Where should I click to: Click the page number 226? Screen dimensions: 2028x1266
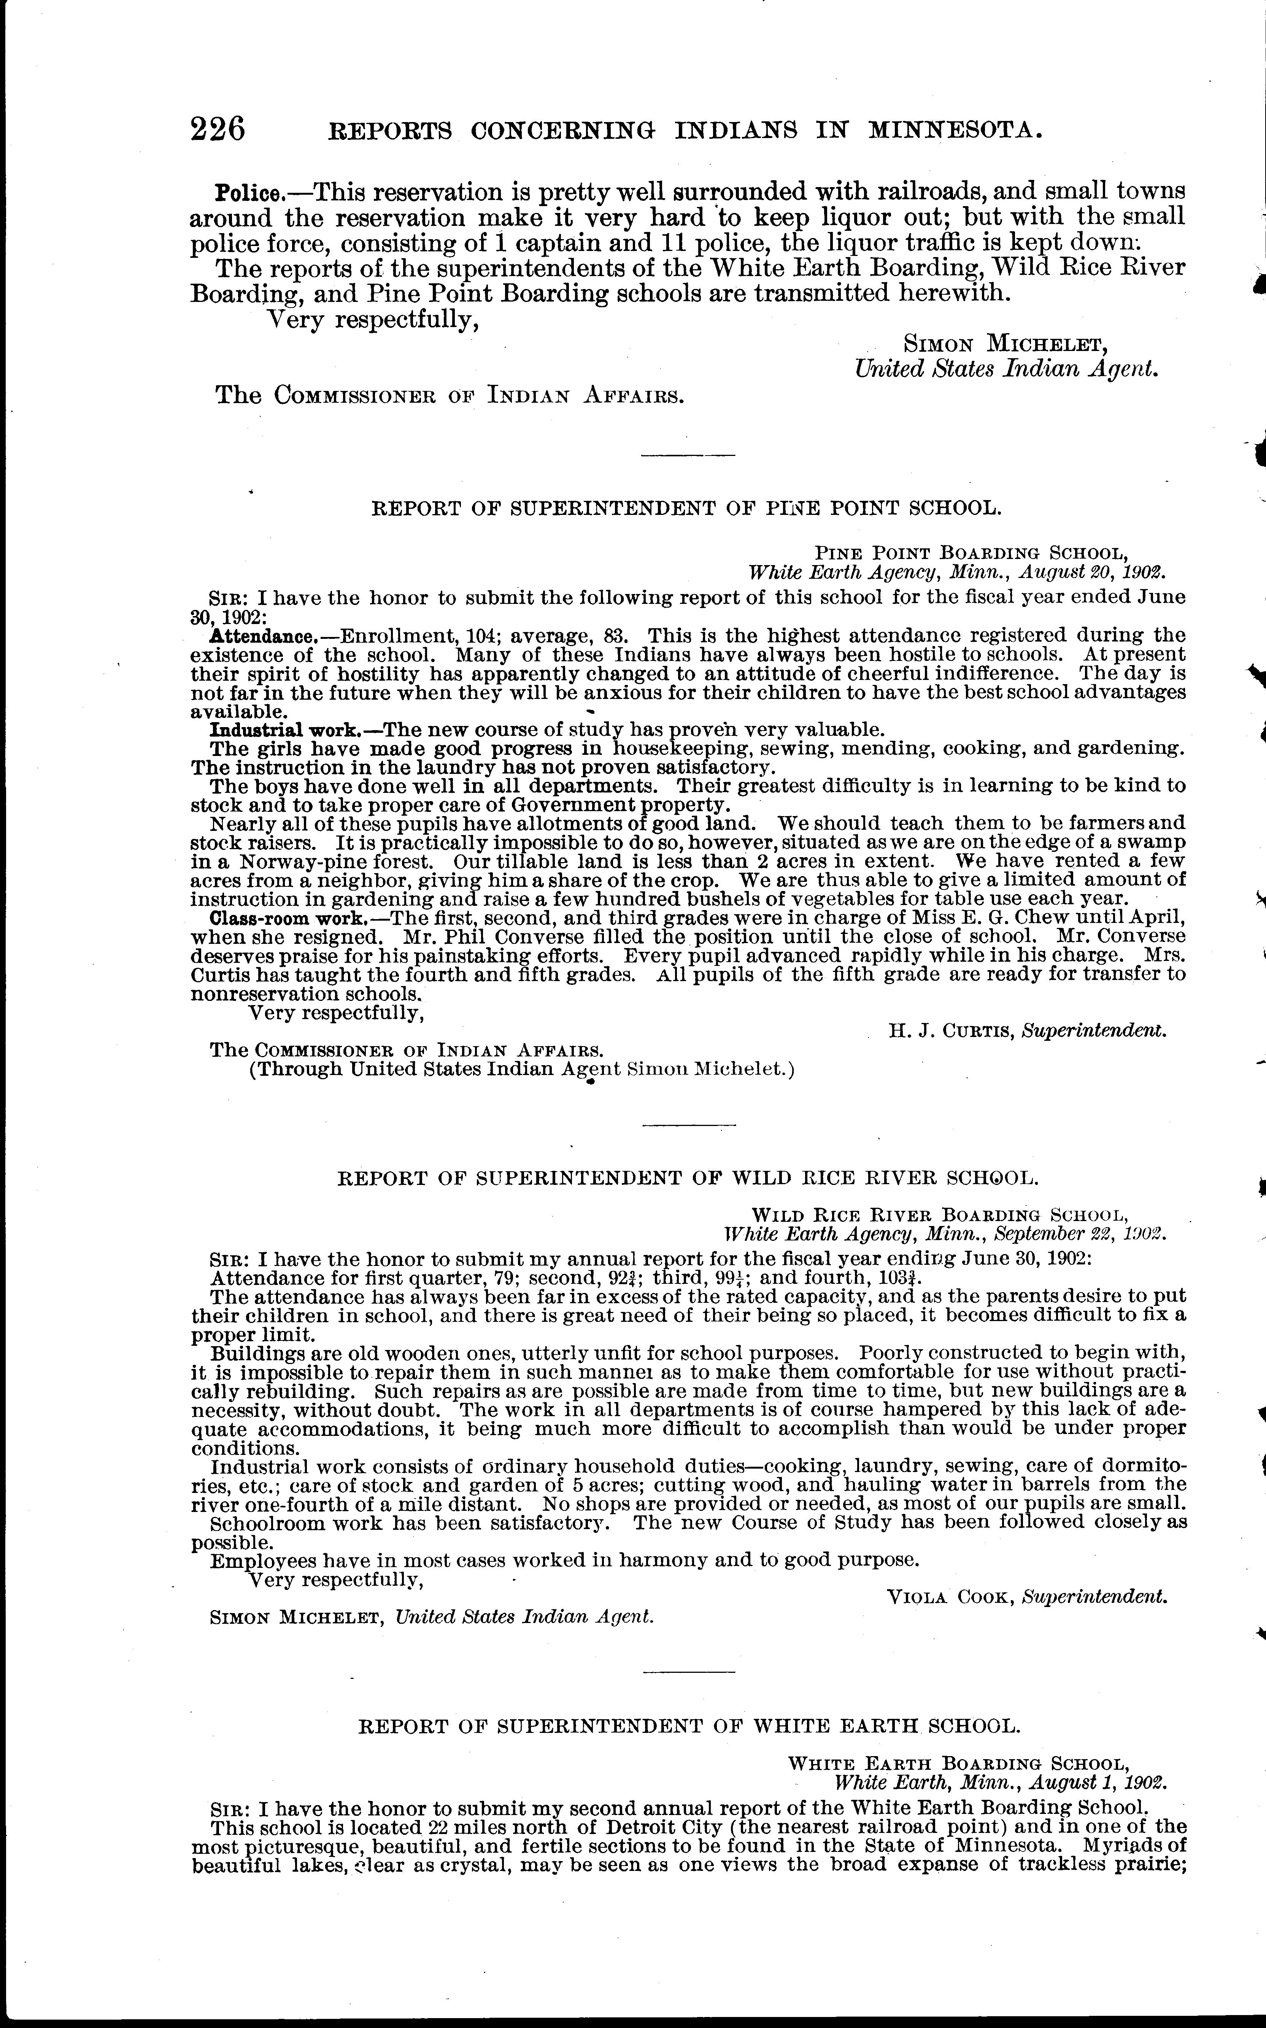click(218, 130)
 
